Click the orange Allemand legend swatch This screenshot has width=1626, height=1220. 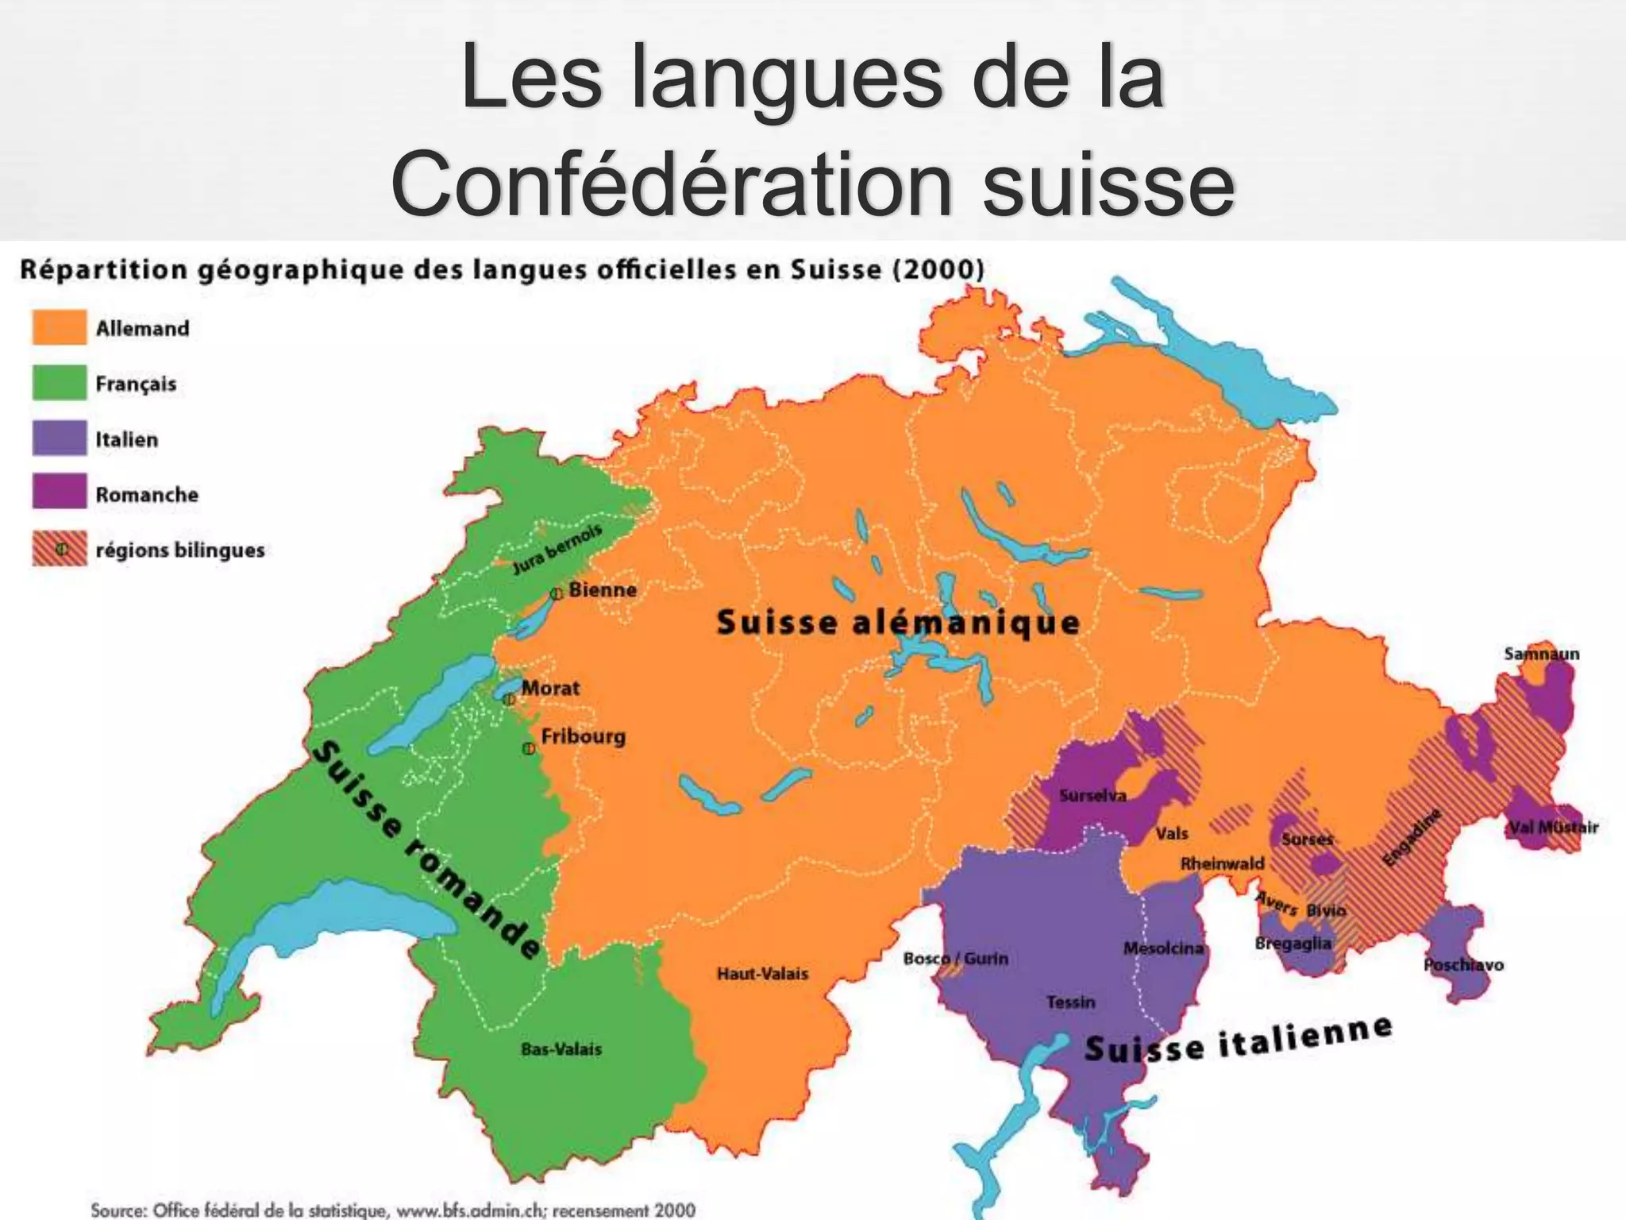click(60, 328)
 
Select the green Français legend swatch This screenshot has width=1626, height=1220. click(60, 383)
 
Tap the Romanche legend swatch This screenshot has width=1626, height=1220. click(60, 493)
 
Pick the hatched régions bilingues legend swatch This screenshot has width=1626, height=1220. click(60, 549)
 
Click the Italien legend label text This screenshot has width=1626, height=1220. click(127, 439)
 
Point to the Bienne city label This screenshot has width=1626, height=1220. click(603, 590)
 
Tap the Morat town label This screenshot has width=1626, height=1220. click(550, 688)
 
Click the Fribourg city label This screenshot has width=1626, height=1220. click(583, 736)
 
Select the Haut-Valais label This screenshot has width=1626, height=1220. click(762, 974)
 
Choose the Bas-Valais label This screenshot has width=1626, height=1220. click(561, 1049)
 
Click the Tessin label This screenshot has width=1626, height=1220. click(1070, 1002)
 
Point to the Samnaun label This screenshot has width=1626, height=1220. click(1541, 654)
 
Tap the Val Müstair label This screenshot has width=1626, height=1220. click(1553, 828)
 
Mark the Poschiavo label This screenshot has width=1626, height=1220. click(1463, 965)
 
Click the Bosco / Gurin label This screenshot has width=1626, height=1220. click(956, 959)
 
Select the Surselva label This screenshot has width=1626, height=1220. click(1092, 795)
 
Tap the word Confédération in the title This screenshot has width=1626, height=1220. click(671, 184)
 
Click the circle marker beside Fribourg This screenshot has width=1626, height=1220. click(528, 748)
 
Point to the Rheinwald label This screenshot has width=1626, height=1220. click(1222, 863)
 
